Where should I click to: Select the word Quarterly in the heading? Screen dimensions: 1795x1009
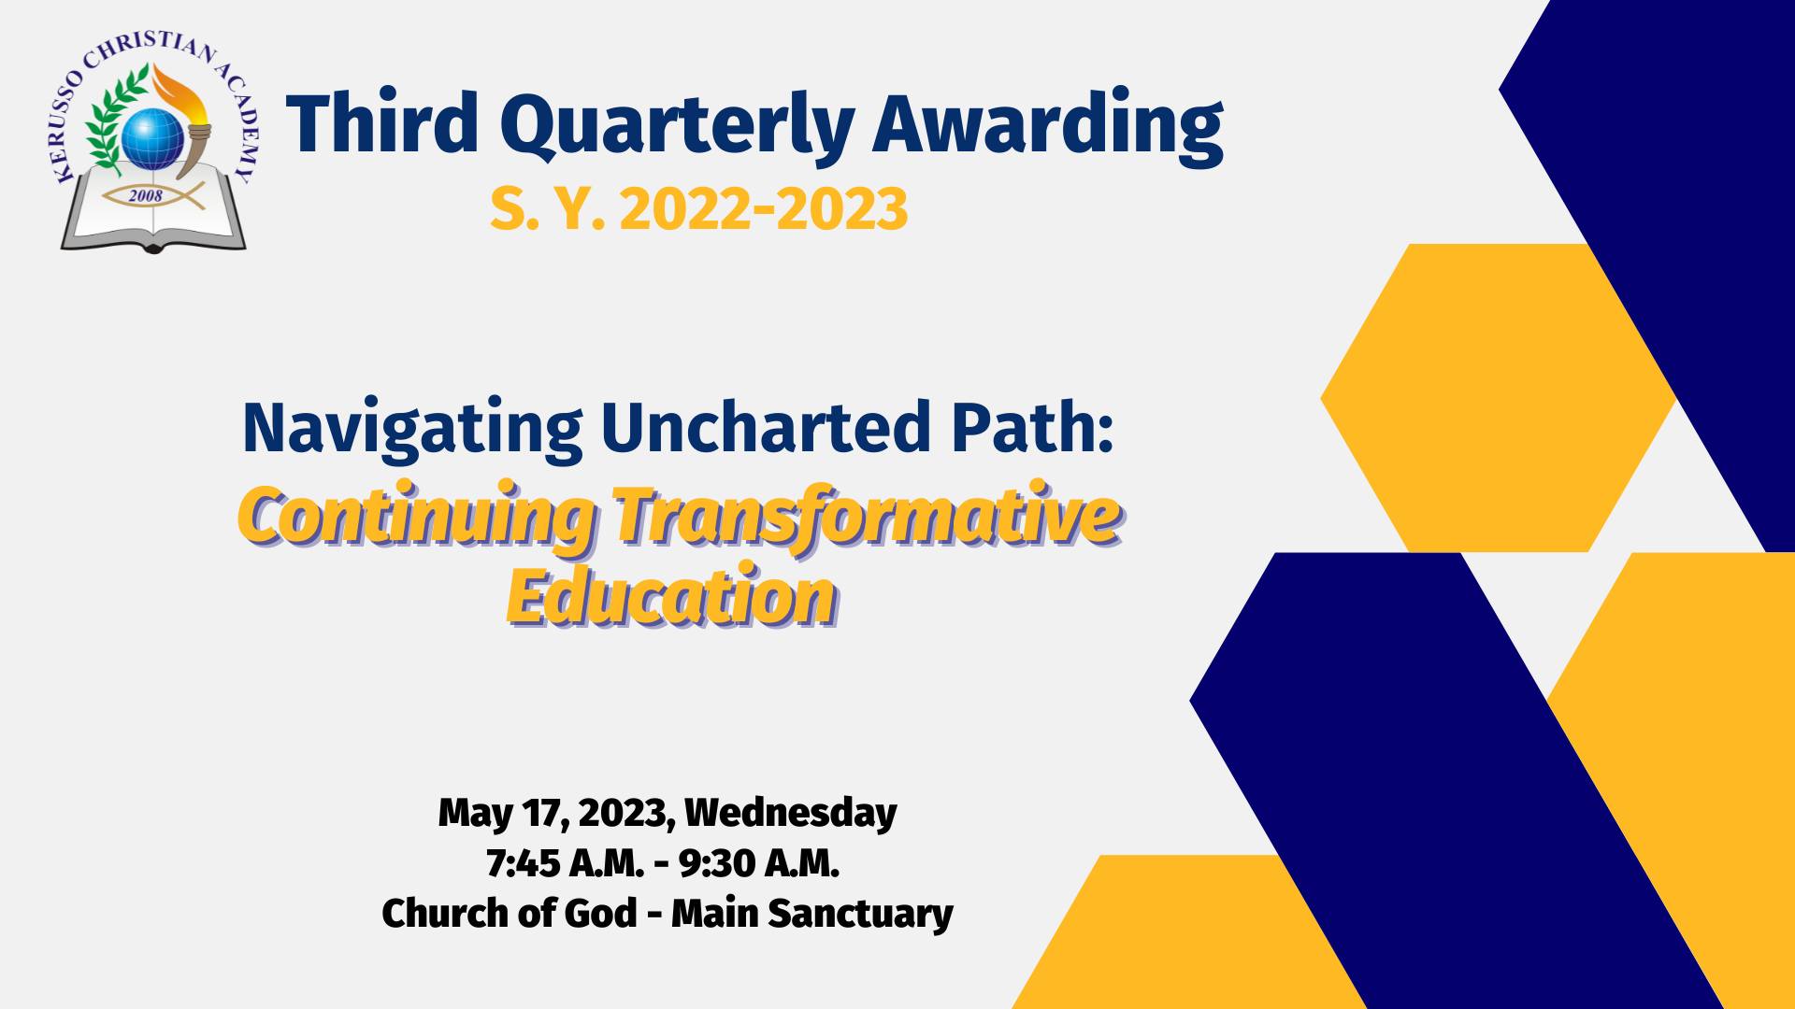[x=677, y=129]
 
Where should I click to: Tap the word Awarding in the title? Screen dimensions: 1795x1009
[x=1048, y=129]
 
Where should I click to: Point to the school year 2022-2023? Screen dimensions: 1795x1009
[x=763, y=208]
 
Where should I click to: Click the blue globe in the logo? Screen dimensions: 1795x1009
[x=152, y=139]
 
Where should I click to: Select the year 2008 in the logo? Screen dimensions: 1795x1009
[x=146, y=195]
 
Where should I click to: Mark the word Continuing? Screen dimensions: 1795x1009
[x=416, y=518]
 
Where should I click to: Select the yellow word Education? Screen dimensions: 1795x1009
[x=671, y=595]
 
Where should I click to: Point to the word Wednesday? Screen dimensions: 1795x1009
[x=791, y=814]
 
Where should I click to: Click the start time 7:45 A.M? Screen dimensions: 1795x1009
[x=565, y=863]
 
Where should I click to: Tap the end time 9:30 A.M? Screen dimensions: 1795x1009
[x=759, y=863]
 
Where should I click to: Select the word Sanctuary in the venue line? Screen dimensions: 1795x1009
[x=860, y=914]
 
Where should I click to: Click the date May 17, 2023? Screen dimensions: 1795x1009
[x=556, y=814]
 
